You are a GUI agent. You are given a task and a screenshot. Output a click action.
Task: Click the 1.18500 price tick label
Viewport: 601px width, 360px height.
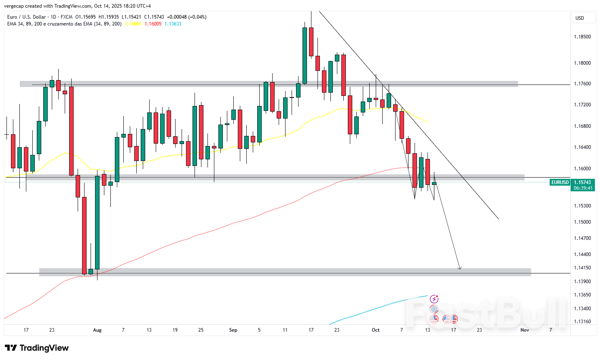[582, 37]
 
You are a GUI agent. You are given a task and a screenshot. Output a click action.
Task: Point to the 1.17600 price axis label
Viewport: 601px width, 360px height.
[582, 84]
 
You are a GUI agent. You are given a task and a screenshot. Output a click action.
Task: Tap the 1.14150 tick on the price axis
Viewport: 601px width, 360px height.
[582, 268]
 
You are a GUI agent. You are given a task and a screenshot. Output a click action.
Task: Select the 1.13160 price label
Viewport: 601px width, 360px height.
[582, 322]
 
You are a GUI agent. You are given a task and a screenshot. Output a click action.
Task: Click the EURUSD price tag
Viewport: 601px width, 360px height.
[560, 182]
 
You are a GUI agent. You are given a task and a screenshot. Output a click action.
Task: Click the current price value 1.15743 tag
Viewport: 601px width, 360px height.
[582, 182]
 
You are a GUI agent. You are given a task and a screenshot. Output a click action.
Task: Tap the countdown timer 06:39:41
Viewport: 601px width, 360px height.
[582, 188]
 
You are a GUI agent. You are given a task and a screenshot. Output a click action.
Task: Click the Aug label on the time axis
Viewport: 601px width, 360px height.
[97, 330]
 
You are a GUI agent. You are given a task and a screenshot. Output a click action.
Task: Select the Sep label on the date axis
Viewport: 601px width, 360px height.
[233, 330]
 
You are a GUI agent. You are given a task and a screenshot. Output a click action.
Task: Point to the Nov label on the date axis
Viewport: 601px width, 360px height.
[525, 330]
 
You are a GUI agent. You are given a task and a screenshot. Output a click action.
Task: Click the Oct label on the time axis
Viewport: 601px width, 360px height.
[376, 330]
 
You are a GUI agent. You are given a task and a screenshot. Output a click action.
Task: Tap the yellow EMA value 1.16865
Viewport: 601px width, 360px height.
[133, 24]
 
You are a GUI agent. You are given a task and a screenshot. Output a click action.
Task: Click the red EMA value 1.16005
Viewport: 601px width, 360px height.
[153, 24]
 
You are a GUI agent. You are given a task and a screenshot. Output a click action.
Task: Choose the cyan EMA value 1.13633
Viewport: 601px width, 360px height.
[173, 24]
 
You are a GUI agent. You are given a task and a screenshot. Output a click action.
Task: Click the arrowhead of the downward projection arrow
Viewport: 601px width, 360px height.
[459, 268]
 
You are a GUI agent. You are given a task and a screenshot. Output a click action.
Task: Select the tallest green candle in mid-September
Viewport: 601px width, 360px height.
[305, 55]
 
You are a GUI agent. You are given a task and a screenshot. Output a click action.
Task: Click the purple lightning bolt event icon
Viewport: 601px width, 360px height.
[434, 299]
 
